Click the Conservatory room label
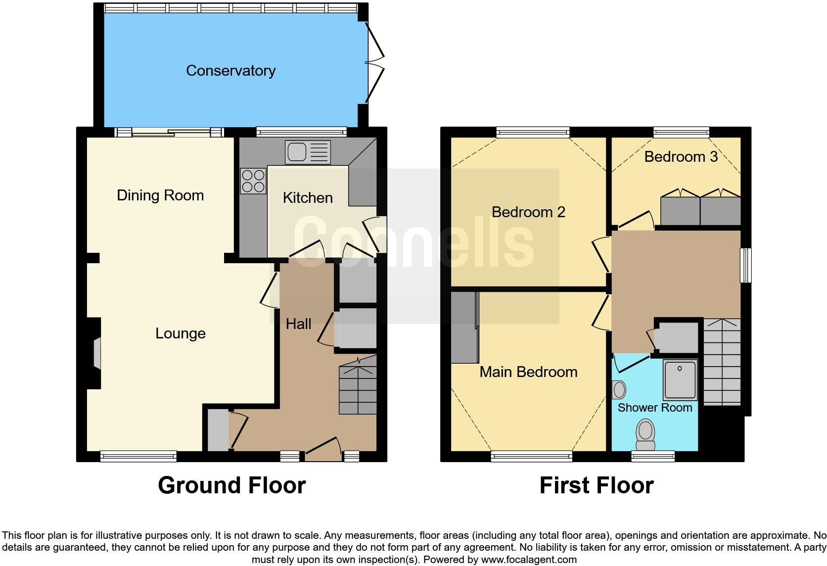pyautogui.click(x=230, y=71)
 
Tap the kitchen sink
pyautogui.click(x=307, y=152)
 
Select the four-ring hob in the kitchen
pyautogui.click(x=253, y=181)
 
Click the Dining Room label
pyautogui.click(x=160, y=195)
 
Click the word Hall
pyautogui.click(x=298, y=324)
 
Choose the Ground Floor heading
pyautogui.click(x=231, y=485)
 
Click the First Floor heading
pyautogui.click(x=596, y=485)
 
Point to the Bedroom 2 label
pyautogui.click(x=528, y=212)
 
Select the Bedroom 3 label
pyautogui.click(x=681, y=157)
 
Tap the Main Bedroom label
pyautogui.click(x=528, y=372)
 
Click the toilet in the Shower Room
pyautogui.click(x=645, y=431)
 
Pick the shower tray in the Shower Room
pyautogui.click(x=680, y=379)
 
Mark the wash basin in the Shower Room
pyautogui.click(x=618, y=390)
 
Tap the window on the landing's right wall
pyautogui.click(x=745, y=265)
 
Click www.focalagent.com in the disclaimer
pyautogui.click(x=529, y=560)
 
